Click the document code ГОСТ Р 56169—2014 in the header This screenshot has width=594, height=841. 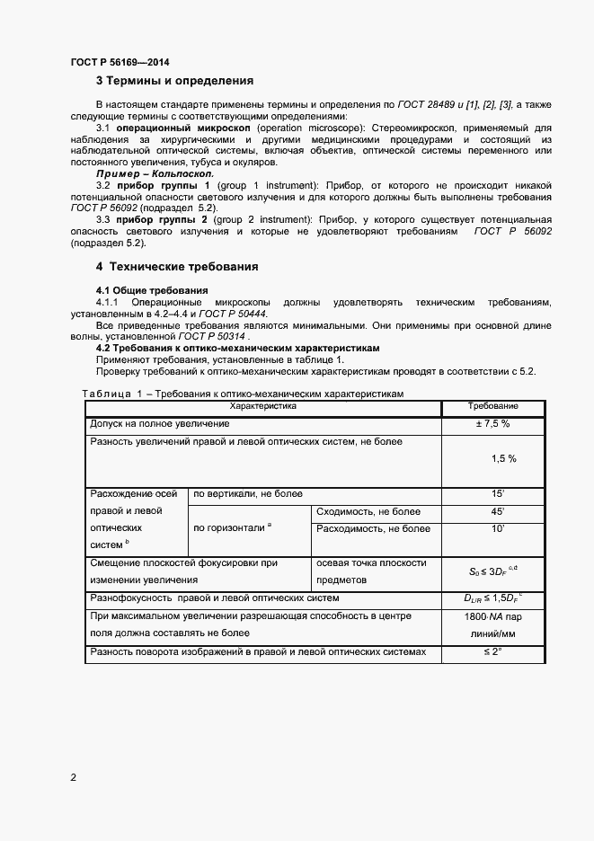click(120, 62)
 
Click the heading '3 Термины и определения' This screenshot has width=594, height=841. click(174, 81)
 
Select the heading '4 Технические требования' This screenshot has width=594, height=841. click(177, 267)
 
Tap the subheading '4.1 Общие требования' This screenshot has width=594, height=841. click(152, 290)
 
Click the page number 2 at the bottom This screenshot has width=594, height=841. click(74, 776)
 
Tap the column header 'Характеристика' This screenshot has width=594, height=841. click(262, 407)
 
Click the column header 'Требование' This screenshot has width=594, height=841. click(493, 407)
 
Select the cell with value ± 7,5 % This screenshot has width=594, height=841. click(492, 423)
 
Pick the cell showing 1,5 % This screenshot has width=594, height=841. click(503, 458)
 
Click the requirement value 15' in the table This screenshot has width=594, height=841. click(497, 494)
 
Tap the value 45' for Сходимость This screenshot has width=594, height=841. click(497, 511)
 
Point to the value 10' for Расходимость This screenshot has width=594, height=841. click(497, 528)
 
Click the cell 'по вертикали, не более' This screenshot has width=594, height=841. click(248, 494)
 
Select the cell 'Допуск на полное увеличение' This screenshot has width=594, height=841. click(160, 423)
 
